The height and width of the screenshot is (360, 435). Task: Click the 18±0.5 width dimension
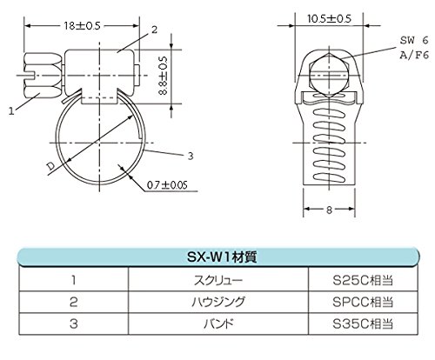pyautogui.click(x=82, y=26)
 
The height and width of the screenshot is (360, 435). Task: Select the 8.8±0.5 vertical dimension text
pyautogui.click(x=163, y=76)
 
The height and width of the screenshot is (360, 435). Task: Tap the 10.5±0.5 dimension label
pyautogui.click(x=329, y=19)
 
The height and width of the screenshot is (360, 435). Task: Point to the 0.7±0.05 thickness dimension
pyautogui.click(x=167, y=185)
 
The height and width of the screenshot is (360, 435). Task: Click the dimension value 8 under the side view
pyautogui.click(x=329, y=210)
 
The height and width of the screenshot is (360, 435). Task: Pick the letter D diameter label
pyautogui.click(x=51, y=166)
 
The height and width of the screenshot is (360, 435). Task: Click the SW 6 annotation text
pyautogui.click(x=414, y=40)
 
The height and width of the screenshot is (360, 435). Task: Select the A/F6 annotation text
pyautogui.click(x=414, y=55)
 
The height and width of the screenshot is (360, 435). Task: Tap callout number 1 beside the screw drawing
pyautogui.click(x=11, y=111)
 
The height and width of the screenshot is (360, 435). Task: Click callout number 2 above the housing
pyautogui.click(x=154, y=30)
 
